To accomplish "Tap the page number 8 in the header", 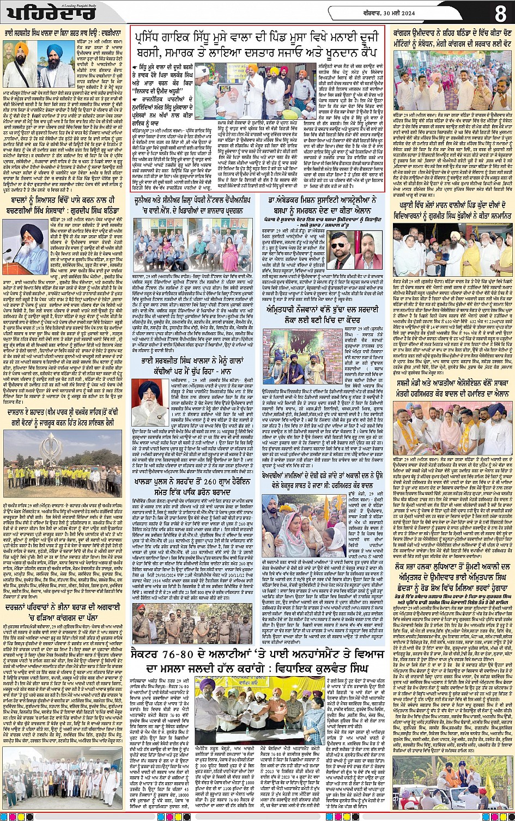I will [500, 12].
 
